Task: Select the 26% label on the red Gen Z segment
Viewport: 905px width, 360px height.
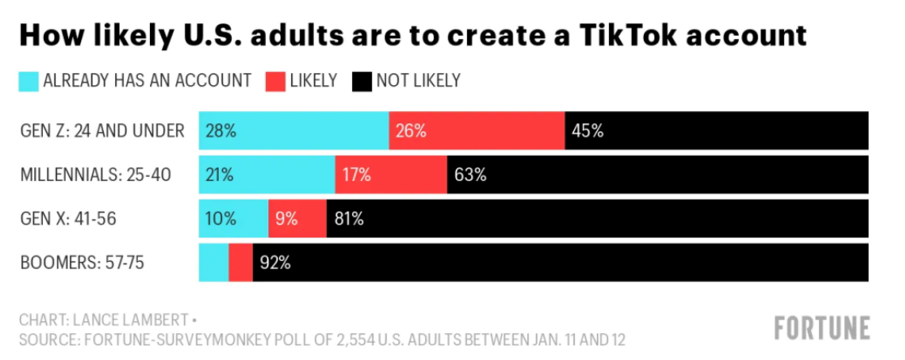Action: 411,131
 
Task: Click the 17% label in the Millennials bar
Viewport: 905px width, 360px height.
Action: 356,175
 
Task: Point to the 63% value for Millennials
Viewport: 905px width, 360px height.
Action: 470,175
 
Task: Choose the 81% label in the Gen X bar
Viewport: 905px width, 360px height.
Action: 349,219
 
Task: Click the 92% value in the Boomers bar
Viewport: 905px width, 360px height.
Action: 275,263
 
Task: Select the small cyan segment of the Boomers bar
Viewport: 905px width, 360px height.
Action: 213,263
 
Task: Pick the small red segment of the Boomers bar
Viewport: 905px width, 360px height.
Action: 240,263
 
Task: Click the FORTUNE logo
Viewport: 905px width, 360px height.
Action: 822,328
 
